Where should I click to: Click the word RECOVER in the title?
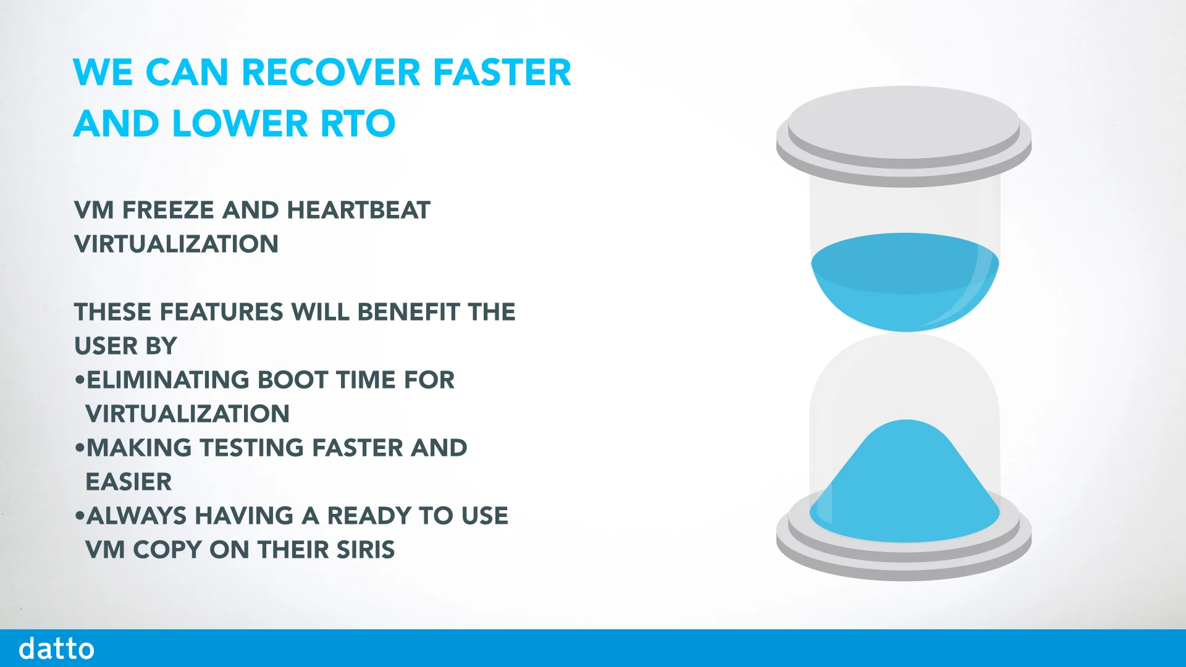tap(331, 72)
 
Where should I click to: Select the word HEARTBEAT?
tap(358, 211)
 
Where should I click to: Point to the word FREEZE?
tap(168, 211)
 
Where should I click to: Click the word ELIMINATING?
tap(167, 380)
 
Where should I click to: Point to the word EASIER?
tap(128, 482)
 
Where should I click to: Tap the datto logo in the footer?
tap(56, 649)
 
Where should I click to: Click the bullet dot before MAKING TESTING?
tap(79, 448)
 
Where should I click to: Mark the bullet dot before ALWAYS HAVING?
tap(79, 516)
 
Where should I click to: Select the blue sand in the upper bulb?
tap(904, 281)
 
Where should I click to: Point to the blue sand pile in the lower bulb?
tap(904, 488)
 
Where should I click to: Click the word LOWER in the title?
tap(240, 124)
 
